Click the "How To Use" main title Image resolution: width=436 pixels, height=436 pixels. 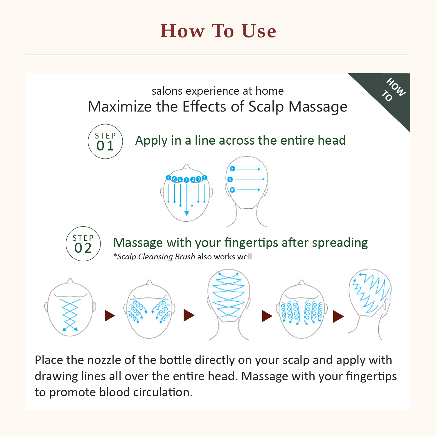[x=218, y=31]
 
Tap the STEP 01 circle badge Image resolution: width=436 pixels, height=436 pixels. [x=105, y=141]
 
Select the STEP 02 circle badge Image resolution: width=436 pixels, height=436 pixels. [x=83, y=244]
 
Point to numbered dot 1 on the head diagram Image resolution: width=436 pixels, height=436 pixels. [x=186, y=180]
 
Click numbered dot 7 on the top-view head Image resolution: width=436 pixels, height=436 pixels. [x=168, y=177]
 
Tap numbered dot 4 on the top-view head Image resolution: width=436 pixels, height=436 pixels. [x=204, y=177]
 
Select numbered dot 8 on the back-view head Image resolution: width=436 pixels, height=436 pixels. [x=232, y=168]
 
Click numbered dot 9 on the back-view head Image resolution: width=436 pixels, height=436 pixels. [x=230, y=179]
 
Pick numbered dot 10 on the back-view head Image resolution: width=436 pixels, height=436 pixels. [x=232, y=190]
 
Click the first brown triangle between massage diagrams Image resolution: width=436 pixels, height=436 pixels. [x=110, y=315]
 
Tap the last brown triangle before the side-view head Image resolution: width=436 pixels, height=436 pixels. [x=338, y=316]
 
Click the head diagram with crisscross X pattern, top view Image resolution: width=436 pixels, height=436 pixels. [x=70, y=309]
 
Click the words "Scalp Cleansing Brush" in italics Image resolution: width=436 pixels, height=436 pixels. [x=156, y=257]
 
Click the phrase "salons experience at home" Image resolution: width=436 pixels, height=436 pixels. [x=218, y=91]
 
